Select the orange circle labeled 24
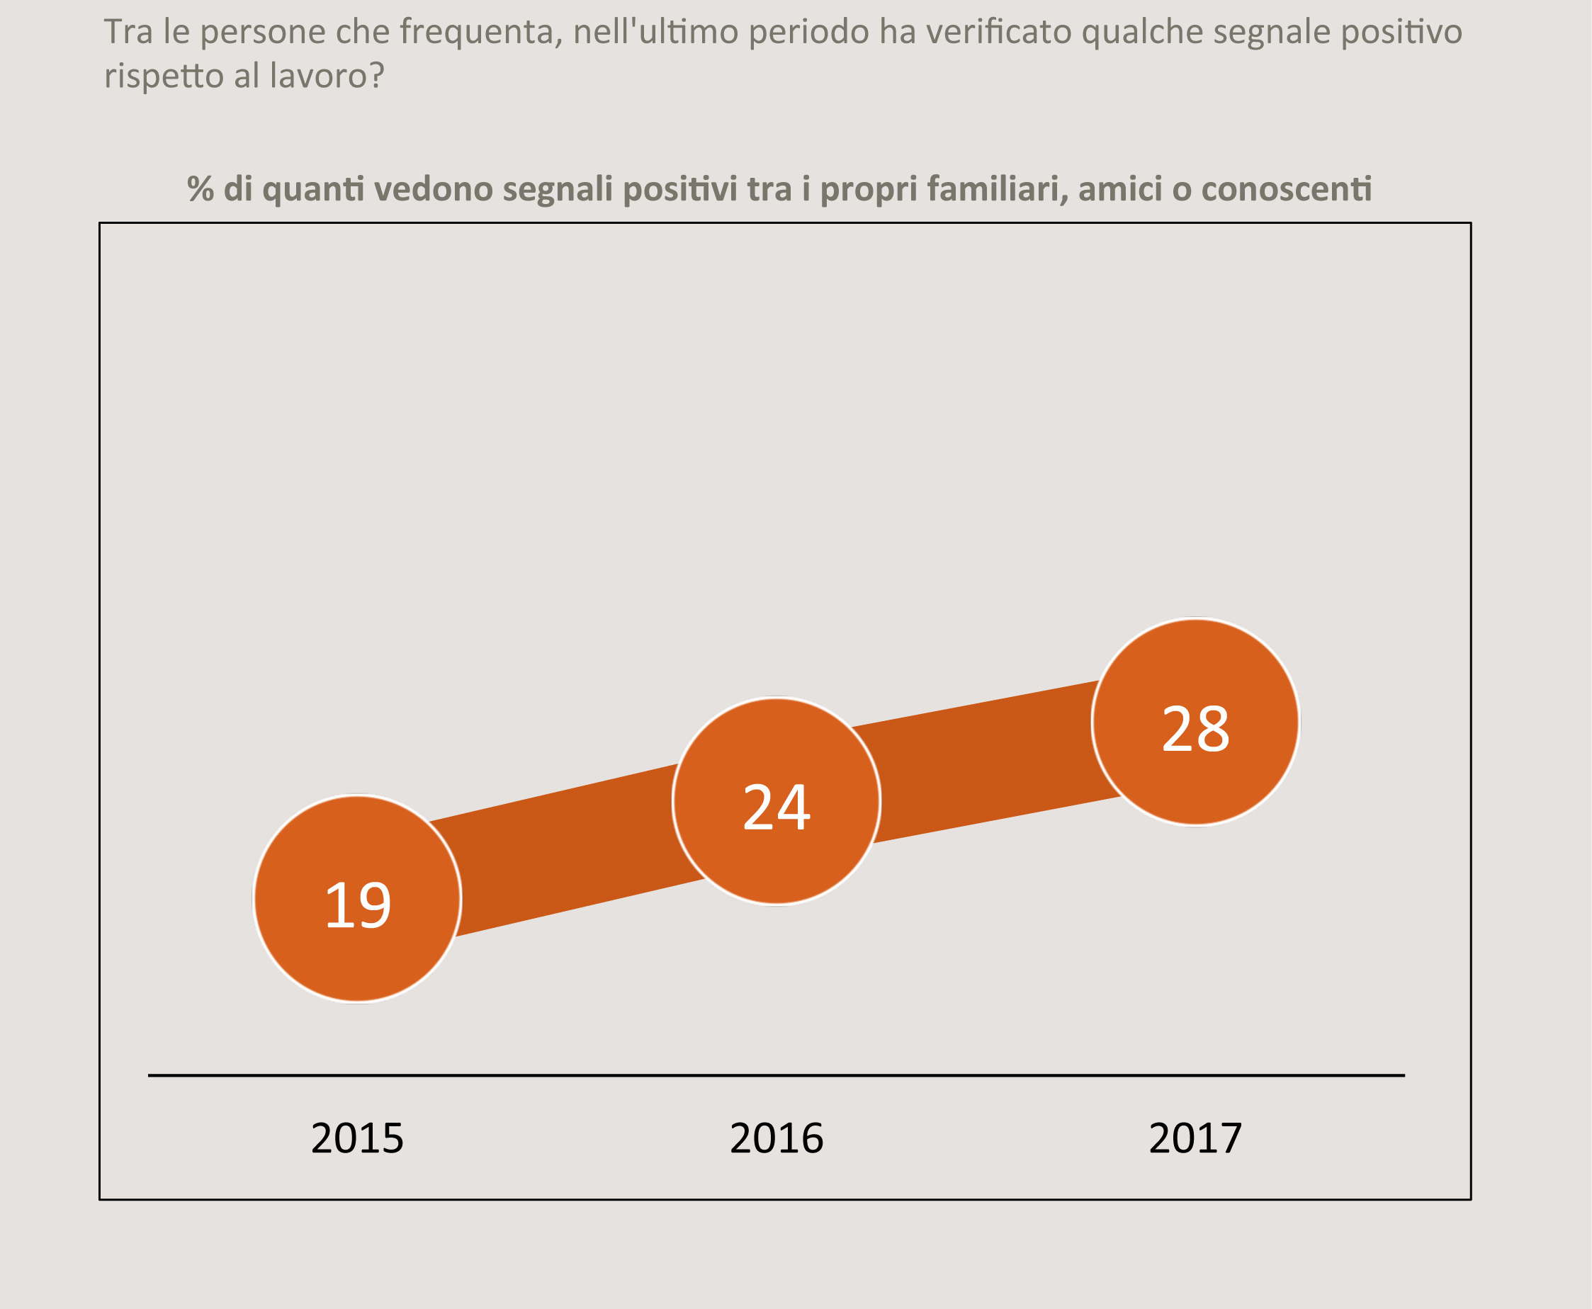point(776,801)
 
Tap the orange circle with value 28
point(1195,722)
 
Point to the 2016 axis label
point(776,1138)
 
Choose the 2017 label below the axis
point(1195,1138)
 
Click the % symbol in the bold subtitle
point(201,188)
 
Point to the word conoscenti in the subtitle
point(1286,188)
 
